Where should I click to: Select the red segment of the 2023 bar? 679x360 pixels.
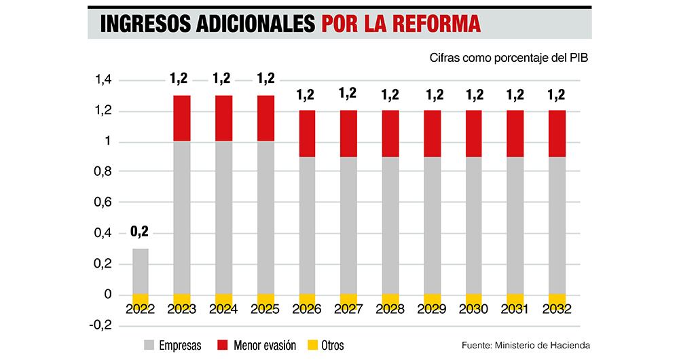pyautogui.click(x=181, y=118)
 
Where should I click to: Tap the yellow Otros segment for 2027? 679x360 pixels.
pyautogui.click(x=348, y=300)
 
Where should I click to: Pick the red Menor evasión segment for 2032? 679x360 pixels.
pyautogui.click(x=557, y=133)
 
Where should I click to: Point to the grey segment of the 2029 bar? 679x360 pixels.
pyautogui.click(x=432, y=224)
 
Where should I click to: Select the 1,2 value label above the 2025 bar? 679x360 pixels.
pyautogui.click(x=265, y=79)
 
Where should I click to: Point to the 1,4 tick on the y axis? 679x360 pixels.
pyautogui.click(x=103, y=81)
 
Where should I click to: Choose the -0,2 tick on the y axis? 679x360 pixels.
pyautogui.click(x=100, y=325)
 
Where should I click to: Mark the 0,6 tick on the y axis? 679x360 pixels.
pyautogui.click(x=103, y=203)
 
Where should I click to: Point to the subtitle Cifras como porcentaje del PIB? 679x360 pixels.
pyautogui.click(x=508, y=58)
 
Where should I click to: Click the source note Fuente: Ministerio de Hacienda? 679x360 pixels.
pyautogui.click(x=526, y=346)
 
